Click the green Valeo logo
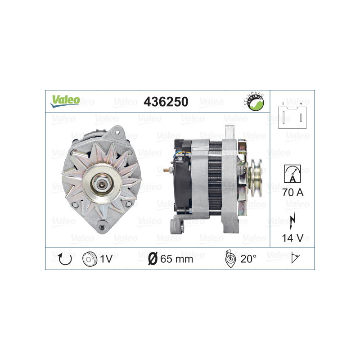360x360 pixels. tap(65, 101)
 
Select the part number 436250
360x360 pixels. tap(165, 102)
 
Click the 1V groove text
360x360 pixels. tap(106, 259)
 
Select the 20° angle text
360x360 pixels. tap(248, 259)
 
